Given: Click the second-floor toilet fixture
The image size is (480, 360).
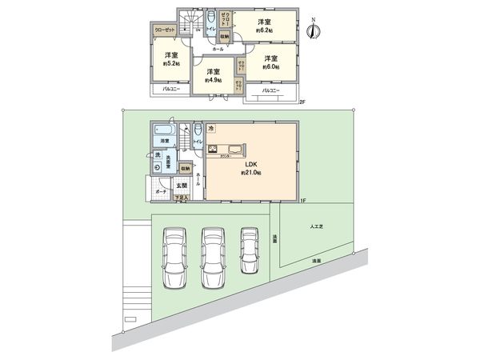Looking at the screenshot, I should (x=210, y=18).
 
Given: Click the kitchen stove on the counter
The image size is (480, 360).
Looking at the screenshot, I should (x=214, y=149).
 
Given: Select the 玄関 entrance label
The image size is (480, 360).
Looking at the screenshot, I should (x=182, y=186).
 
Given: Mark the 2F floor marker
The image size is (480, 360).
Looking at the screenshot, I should (x=302, y=102).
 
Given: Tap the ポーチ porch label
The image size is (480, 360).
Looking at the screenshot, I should (x=159, y=192).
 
